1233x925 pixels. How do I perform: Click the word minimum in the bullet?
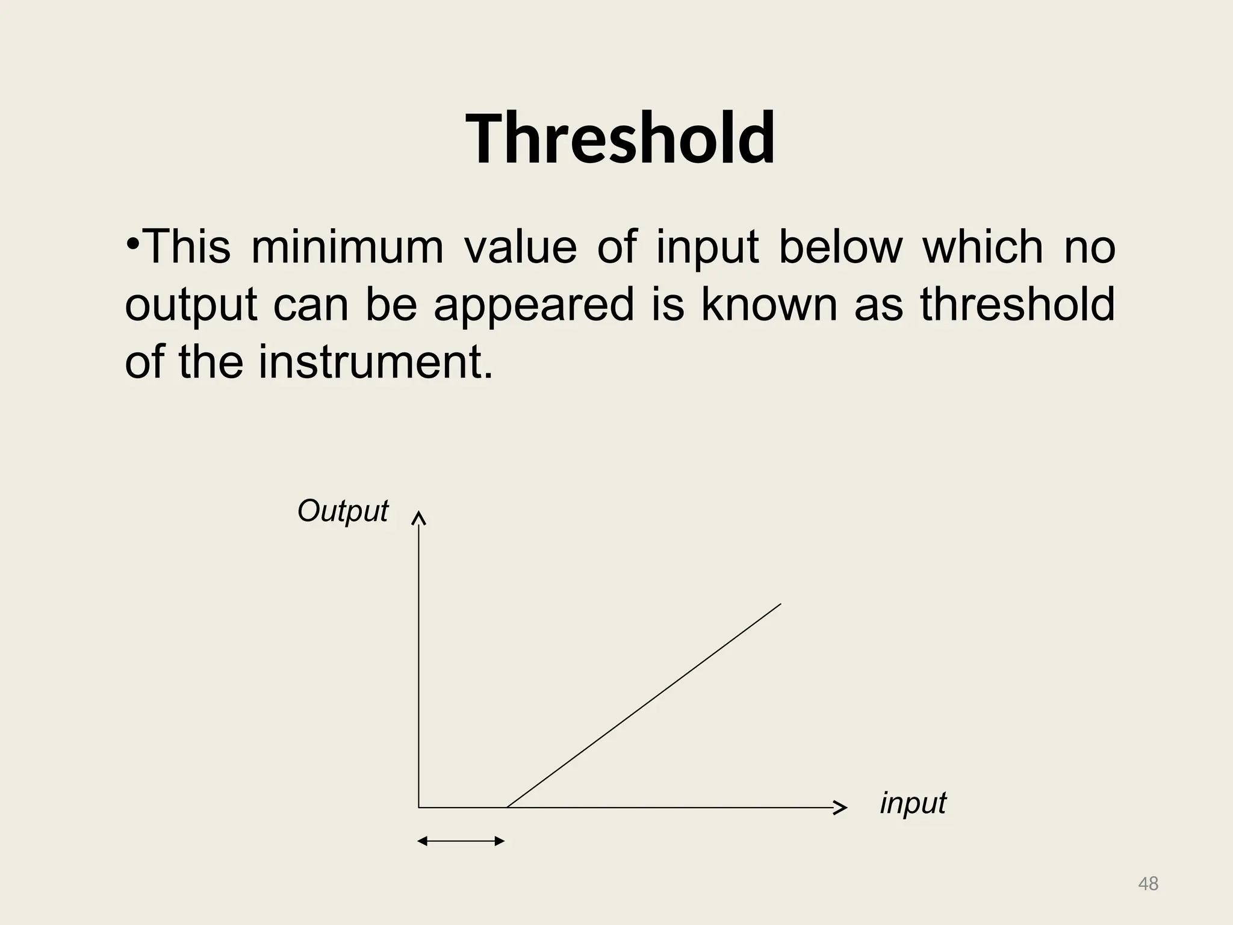[x=347, y=247]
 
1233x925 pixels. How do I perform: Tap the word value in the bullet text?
[x=520, y=247]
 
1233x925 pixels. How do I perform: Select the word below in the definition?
[x=840, y=247]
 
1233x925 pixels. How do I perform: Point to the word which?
[x=983, y=247]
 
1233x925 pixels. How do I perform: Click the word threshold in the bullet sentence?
[x=1017, y=304]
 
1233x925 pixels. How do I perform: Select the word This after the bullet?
[x=187, y=247]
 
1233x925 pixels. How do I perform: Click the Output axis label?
[x=343, y=511]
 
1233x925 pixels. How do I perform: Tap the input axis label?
[x=913, y=803]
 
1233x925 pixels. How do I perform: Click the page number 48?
[x=1148, y=884]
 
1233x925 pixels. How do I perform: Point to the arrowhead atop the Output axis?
[x=419, y=518]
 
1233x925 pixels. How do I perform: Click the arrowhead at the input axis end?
[x=841, y=808]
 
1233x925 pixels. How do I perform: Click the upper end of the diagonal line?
[x=780, y=605]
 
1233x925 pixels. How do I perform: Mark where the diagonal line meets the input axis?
[x=508, y=807]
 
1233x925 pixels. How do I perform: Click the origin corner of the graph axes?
[x=419, y=807]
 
